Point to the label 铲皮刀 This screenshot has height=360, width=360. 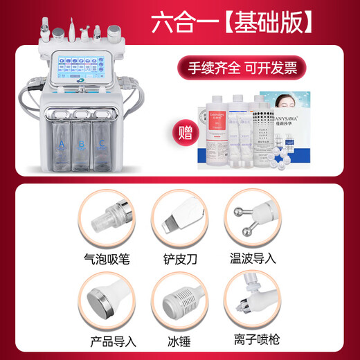(179, 260)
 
